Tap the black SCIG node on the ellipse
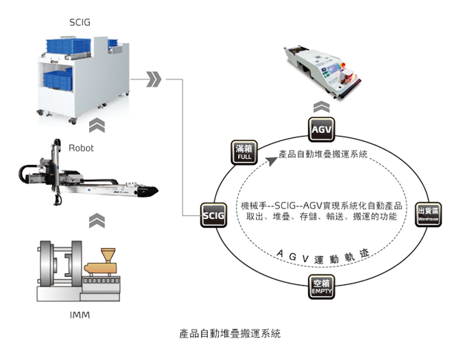(x=212, y=215)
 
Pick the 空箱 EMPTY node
(x=321, y=286)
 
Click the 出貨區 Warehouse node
(x=428, y=214)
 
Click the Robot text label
(x=81, y=148)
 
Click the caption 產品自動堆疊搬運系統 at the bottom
(x=231, y=334)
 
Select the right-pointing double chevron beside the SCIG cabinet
(x=154, y=79)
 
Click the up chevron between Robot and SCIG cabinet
(x=96, y=125)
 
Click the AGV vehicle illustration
(x=323, y=68)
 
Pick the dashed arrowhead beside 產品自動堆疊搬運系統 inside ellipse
(x=272, y=158)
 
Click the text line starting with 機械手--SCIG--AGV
(x=321, y=204)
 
